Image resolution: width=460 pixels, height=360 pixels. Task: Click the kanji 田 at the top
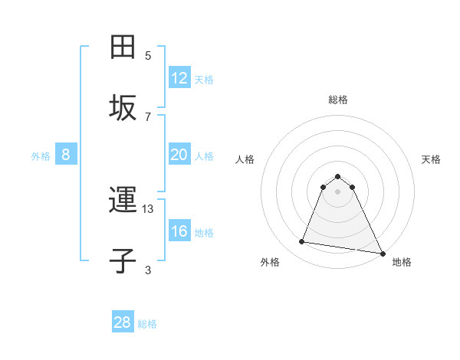123,47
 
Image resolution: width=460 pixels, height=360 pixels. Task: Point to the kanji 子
123,261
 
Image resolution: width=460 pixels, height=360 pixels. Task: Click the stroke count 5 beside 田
148,56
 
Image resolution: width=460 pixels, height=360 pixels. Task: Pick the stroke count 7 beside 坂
148,116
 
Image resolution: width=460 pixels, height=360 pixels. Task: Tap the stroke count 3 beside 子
148,270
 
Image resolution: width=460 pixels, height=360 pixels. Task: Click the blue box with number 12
179,78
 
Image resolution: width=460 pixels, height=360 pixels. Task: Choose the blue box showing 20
179,155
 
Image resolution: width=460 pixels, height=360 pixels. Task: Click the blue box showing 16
179,231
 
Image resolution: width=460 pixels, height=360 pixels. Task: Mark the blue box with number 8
66,155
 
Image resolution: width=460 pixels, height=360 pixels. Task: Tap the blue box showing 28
123,322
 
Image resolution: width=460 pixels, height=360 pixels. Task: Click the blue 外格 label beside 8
41,156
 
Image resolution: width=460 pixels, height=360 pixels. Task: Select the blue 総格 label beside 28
147,324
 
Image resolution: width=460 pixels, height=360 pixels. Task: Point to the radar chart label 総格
337,100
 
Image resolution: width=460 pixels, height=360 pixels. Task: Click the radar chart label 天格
431,159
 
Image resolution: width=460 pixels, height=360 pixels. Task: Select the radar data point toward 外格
301,242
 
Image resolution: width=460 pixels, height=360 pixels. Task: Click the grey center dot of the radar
337,191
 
